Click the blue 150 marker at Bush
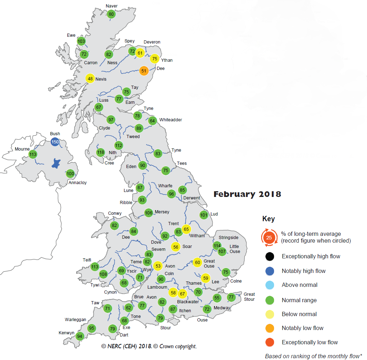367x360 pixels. point(55,142)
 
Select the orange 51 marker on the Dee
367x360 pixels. point(144,71)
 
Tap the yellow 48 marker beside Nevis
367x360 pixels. point(90,79)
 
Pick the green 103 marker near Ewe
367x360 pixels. point(81,41)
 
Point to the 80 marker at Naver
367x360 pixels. point(111,14)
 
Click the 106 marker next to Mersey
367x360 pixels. point(149,213)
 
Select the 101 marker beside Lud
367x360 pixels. point(204,215)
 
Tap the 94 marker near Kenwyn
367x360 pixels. point(80,336)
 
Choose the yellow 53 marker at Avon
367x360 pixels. point(158,266)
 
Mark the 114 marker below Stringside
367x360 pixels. point(217,245)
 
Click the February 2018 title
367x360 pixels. point(247,194)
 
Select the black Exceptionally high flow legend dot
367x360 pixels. point(269,256)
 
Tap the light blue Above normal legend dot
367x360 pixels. point(269,285)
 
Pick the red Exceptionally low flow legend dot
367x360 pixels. point(269,343)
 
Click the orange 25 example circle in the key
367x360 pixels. point(269,238)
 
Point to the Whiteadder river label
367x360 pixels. point(171,120)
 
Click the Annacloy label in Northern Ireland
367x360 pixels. point(77,183)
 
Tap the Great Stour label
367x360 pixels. point(249,297)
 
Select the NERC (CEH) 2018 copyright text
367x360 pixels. point(149,346)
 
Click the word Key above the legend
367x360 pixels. point(268,219)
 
